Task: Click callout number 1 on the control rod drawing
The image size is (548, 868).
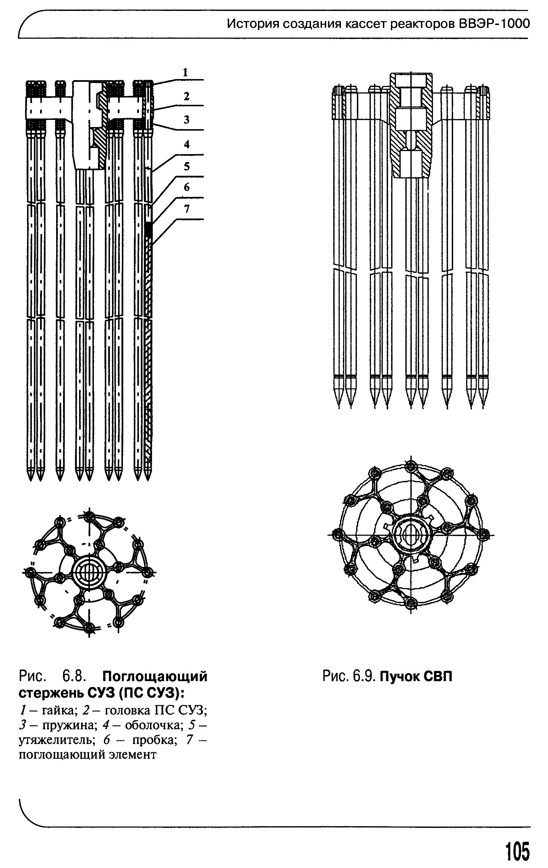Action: [185, 73]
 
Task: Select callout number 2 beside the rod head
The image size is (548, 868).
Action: [186, 96]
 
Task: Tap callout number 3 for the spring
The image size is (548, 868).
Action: [186, 120]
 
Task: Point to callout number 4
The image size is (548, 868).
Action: [186, 145]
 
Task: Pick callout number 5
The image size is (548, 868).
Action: [186, 166]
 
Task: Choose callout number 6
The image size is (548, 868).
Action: [186, 187]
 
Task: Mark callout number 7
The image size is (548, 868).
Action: [186, 209]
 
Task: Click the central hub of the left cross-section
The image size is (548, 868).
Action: [89, 571]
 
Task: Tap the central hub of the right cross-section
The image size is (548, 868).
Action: [411, 535]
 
